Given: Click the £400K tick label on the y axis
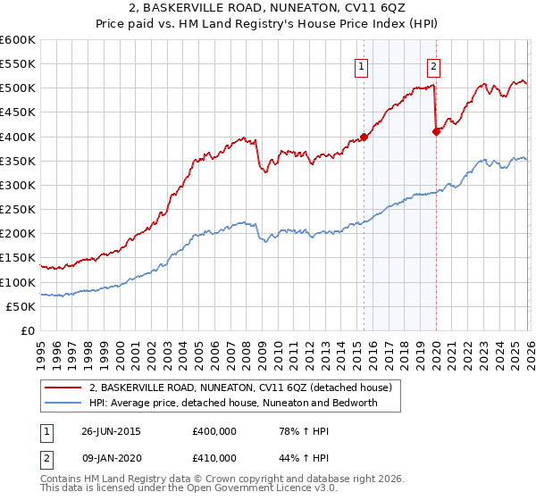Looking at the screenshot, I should [18, 137].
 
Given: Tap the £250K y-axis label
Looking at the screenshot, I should [18, 210].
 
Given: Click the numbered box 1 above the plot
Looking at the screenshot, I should [361, 65].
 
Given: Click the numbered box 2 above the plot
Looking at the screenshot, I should [433, 65].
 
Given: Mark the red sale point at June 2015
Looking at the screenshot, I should [364, 137].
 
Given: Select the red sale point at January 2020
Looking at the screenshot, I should [436, 131].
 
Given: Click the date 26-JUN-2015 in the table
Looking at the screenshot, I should [111, 431].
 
